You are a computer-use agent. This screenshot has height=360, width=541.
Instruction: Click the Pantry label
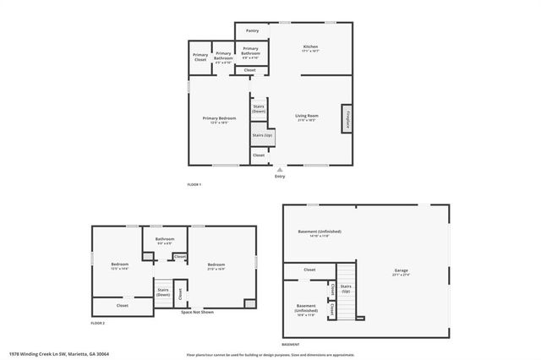tap(252, 30)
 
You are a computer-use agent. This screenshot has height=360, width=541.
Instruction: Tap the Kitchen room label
tap(311, 48)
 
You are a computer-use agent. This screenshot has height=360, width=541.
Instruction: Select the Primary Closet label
tap(200, 58)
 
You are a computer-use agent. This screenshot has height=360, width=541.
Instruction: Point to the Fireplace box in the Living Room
tap(347, 119)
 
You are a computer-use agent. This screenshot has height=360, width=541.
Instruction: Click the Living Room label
tap(306, 117)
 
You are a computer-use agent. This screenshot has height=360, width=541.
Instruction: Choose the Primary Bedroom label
tap(219, 120)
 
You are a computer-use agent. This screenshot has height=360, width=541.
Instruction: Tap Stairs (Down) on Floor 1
tap(260, 109)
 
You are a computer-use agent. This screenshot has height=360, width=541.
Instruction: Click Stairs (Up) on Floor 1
tap(261, 135)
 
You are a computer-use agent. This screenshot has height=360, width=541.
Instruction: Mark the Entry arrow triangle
tap(280, 169)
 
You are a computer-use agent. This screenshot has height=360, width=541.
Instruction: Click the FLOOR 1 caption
tap(194, 184)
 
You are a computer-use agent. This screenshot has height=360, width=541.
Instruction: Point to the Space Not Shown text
tap(197, 313)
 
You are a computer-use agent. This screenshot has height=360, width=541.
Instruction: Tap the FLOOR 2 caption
tap(98, 323)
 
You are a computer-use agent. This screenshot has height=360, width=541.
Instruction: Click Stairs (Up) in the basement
tap(346, 288)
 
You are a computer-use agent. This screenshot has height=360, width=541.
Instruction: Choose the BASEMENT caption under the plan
tap(290, 345)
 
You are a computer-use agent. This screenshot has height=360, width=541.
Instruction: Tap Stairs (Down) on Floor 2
tap(163, 292)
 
